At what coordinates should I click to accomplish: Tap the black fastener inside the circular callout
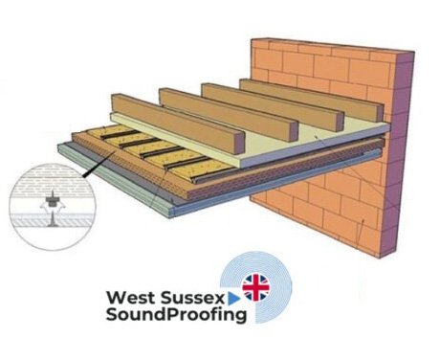click(44, 205)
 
